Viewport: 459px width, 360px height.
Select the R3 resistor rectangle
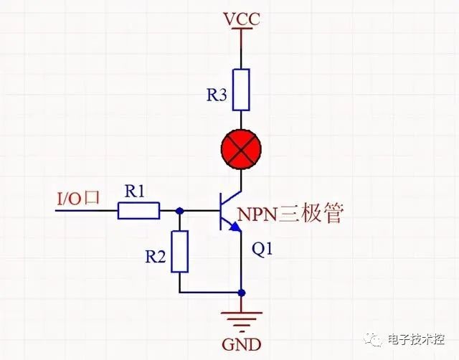coord(241,90)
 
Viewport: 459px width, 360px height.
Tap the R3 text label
coord(217,95)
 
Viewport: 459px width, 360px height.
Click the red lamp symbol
coord(241,149)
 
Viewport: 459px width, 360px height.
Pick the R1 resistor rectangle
coord(138,210)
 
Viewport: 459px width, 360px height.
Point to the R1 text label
coord(134,191)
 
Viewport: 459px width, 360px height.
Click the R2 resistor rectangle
coord(180,252)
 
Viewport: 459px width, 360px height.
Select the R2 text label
coord(156,257)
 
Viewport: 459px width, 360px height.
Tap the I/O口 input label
coord(78,198)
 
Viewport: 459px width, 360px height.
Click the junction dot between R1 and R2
coord(180,210)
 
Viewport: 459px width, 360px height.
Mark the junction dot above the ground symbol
coord(242,293)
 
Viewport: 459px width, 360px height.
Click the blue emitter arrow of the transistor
coord(235,227)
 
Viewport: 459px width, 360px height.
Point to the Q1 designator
coord(262,250)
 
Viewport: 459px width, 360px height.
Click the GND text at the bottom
coord(242,344)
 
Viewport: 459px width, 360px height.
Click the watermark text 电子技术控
coord(416,339)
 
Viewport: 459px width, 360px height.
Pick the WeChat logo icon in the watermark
coord(373,339)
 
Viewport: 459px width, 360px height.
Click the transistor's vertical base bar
coord(220,211)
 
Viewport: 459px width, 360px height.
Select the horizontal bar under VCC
coord(242,29)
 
